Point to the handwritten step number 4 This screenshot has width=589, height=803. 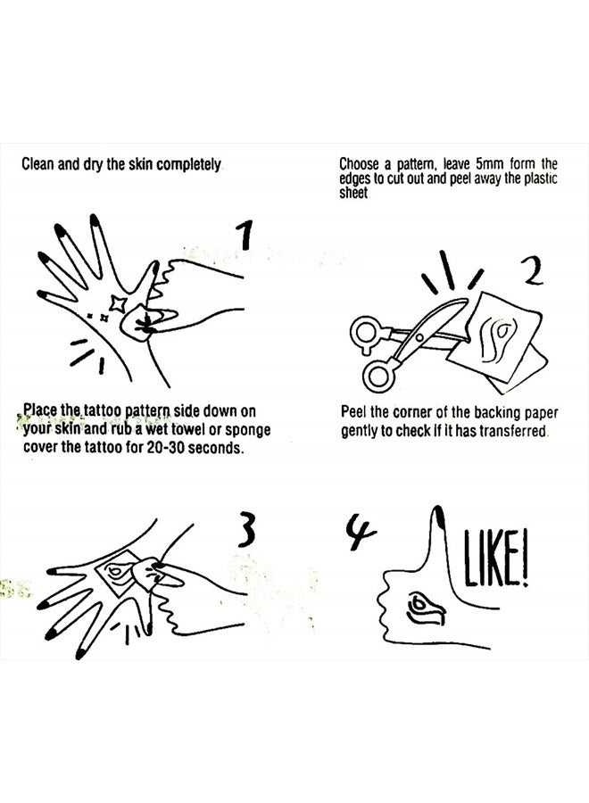[361, 534]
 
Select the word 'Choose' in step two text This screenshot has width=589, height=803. [359, 164]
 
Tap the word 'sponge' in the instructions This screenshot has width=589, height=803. [248, 430]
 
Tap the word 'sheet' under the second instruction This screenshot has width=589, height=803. [354, 191]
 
